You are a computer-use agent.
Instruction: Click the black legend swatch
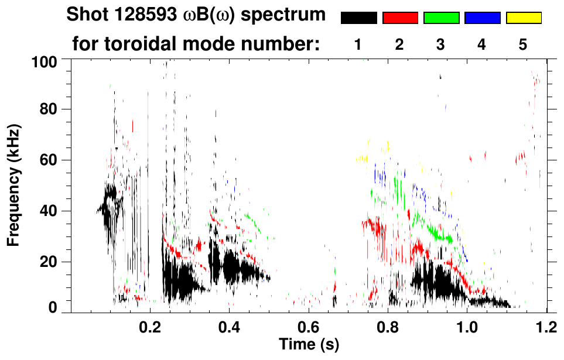pyautogui.click(x=358, y=18)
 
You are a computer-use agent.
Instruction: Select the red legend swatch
pyautogui.click(x=400, y=18)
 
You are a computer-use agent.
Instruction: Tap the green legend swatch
pyautogui.click(x=441, y=18)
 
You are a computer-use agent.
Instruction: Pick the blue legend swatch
pyautogui.click(x=482, y=18)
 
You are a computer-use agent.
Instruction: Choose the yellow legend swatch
pyautogui.click(x=523, y=18)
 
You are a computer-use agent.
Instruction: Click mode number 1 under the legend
pyautogui.click(x=358, y=44)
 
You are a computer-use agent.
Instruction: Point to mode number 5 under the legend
pyautogui.click(x=523, y=44)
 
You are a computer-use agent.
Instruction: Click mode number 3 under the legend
pyautogui.click(x=441, y=44)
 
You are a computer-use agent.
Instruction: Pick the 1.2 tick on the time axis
pyautogui.click(x=546, y=325)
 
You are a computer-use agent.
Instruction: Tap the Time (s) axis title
pyautogui.click(x=308, y=344)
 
